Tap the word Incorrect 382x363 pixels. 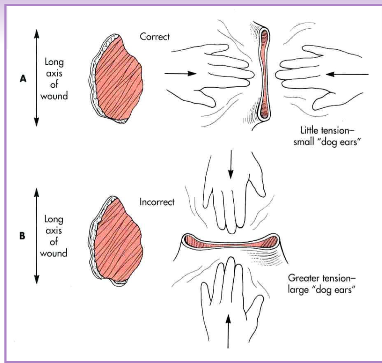pyautogui.click(x=157, y=202)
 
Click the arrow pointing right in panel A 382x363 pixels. pyautogui.click(x=179, y=74)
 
